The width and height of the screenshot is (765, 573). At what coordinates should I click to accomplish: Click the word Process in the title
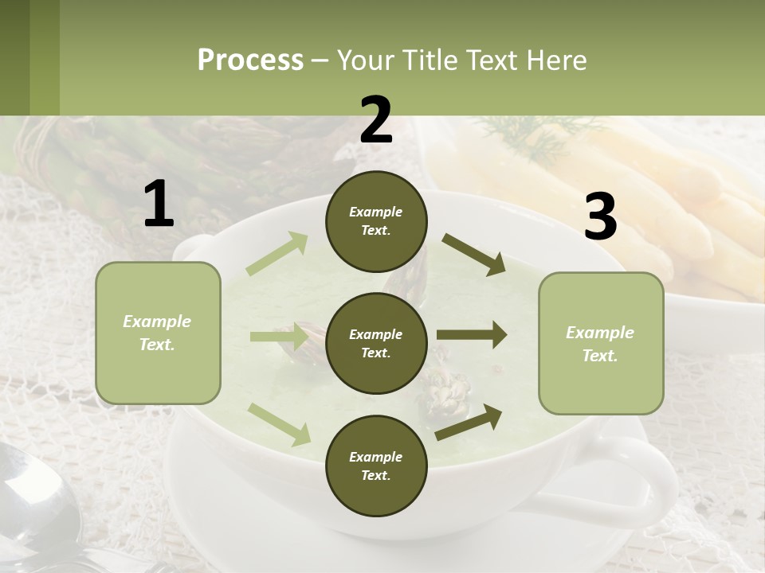(x=250, y=60)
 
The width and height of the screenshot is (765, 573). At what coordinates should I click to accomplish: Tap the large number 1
(x=159, y=205)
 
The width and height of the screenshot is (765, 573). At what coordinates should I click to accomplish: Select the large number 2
(x=376, y=120)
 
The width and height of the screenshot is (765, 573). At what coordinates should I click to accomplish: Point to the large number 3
(x=600, y=216)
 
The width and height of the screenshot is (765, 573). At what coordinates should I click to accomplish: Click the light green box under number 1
(x=158, y=333)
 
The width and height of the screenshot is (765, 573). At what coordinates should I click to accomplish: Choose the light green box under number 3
(x=601, y=343)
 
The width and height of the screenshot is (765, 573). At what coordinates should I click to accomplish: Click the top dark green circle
(x=376, y=221)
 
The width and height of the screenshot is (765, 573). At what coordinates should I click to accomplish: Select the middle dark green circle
(x=376, y=343)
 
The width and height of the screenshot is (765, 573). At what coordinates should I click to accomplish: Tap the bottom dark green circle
(x=376, y=466)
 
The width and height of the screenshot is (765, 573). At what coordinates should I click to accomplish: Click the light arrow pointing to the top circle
(x=277, y=254)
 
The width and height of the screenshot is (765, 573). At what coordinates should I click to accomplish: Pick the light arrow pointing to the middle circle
(x=278, y=337)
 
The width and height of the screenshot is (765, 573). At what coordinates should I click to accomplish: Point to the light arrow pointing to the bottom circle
(x=279, y=424)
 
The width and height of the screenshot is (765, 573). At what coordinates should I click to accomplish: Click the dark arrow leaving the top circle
(x=473, y=255)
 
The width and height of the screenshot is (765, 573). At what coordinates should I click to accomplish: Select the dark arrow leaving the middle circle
(x=471, y=335)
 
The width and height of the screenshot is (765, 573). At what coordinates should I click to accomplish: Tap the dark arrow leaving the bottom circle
(x=469, y=422)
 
